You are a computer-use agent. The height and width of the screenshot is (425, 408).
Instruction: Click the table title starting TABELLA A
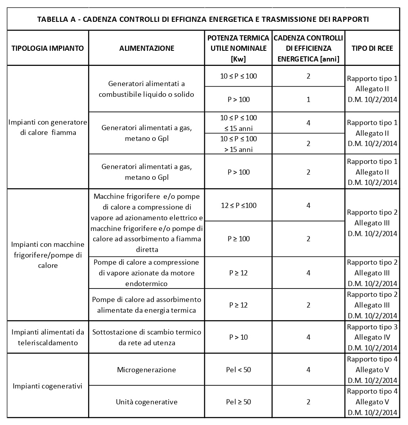203,19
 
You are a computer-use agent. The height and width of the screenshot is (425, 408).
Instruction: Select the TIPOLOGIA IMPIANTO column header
48,48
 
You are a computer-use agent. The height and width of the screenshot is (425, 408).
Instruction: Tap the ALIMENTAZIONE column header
147,48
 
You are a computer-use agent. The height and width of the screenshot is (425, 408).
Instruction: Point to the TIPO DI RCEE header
372,48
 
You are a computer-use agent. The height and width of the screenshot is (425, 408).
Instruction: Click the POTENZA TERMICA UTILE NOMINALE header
238,48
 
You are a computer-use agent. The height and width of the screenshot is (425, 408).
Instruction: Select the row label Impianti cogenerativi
48,386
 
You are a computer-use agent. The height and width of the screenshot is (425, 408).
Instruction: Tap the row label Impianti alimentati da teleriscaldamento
48,337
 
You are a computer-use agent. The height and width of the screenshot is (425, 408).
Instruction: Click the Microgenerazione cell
147,370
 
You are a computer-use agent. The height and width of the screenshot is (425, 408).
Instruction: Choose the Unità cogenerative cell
147,402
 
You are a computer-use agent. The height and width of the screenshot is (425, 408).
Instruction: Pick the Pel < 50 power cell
238,370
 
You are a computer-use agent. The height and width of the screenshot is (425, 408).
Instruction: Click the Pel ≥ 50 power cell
238,402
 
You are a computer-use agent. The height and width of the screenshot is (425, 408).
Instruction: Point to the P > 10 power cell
238,337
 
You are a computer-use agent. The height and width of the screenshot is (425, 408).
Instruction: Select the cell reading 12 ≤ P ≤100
238,205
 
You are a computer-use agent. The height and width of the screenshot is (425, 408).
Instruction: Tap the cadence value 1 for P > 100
308,100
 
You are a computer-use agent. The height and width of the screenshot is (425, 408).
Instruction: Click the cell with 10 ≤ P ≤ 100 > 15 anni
238,144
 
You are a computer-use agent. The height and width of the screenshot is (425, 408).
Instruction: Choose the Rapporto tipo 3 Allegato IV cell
372,337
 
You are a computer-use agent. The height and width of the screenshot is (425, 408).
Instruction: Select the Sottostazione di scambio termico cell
147,337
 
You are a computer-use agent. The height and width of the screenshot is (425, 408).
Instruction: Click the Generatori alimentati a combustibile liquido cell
147,89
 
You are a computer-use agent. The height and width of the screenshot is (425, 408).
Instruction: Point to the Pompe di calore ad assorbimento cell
147,305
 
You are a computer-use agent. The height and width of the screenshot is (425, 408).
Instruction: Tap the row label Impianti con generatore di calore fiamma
48,127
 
